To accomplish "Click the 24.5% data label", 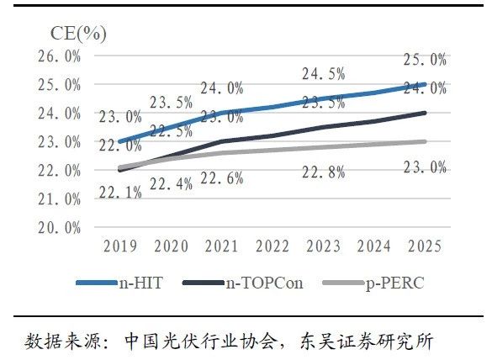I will pyautogui.click(x=323, y=75).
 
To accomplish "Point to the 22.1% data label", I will pyautogui.click(x=121, y=193).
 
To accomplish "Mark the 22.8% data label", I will pyautogui.click(x=323, y=173).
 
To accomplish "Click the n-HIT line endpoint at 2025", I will pyautogui.click(x=425, y=85).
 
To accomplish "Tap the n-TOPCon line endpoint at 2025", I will pyautogui.click(x=425, y=113).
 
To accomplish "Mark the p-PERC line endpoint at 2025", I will pyautogui.click(x=425, y=141).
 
